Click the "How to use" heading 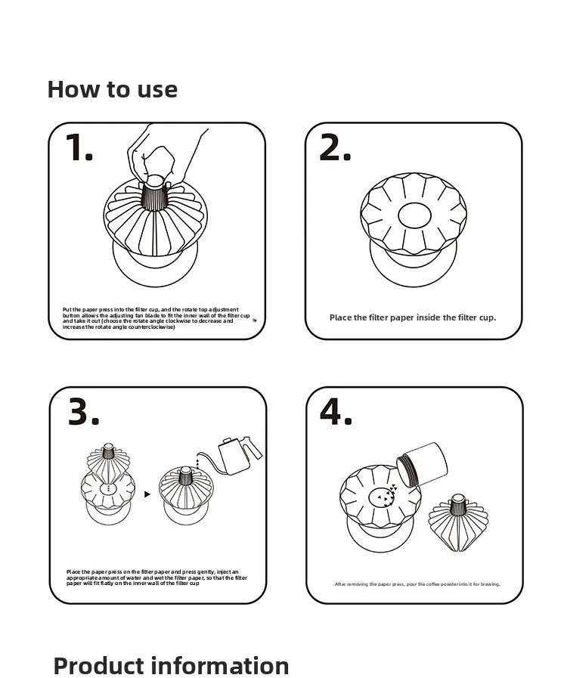click(113, 89)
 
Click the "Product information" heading click(171, 666)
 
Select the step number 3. click(83, 412)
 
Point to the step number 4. click(335, 412)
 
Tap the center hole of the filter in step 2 click(414, 214)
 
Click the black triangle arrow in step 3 click(147, 494)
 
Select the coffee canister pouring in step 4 click(421, 463)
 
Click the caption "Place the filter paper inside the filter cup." click(413, 317)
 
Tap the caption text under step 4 click(417, 584)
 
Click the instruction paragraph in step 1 click(156, 318)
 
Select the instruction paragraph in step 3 click(156, 578)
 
